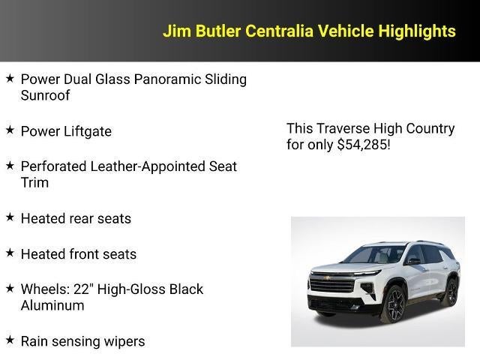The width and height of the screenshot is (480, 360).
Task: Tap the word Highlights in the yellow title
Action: pos(417,31)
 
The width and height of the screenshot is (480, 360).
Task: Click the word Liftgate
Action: pos(86,131)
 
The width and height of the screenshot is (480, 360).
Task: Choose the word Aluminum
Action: pos(52,305)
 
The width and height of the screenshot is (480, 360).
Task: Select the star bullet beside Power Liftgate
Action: pos(10,130)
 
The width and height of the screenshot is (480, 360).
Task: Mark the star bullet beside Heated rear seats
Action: pos(10,217)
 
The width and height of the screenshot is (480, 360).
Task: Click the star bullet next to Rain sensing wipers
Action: pos(10,340)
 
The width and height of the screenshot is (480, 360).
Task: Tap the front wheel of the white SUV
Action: pos(394,303)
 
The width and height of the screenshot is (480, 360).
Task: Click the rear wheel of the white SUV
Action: pos(451,291)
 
